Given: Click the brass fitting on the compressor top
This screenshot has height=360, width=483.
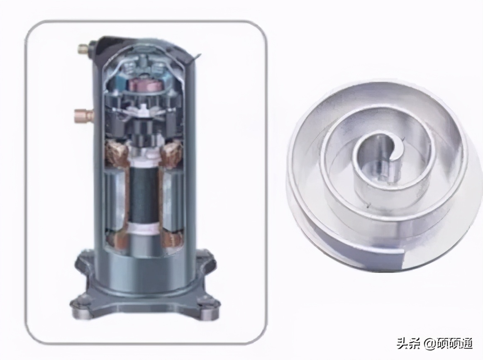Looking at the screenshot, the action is [83, 48].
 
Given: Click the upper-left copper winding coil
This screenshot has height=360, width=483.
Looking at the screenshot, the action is [117, 153].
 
